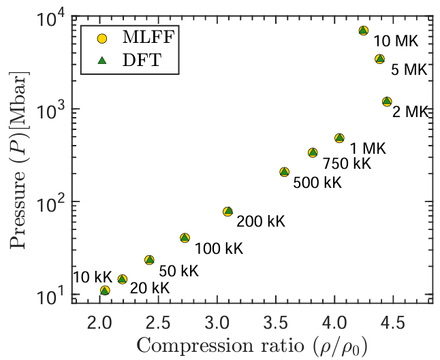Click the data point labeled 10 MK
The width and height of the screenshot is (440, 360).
click(x=364, y=31)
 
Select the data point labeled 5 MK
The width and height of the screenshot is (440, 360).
click(x=380, y=59)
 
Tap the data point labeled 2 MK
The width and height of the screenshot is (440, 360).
click(x=387, y=101)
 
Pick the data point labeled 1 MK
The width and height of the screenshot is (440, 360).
click(x=340, y=138)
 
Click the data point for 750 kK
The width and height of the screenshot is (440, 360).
click(x=313, y=153)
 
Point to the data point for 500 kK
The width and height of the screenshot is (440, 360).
click(x=285, y=172)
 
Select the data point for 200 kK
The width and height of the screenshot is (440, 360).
click(x=228, y=212)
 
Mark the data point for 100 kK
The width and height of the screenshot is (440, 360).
click(x=185, y=238)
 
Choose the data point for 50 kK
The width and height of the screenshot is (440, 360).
click(x=149, y=260)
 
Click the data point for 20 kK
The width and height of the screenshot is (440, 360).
click(x=123, y=279)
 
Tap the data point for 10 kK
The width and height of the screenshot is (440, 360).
click(x=105, y=291)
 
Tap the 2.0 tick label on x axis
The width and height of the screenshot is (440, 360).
click(x=99, y=321)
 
